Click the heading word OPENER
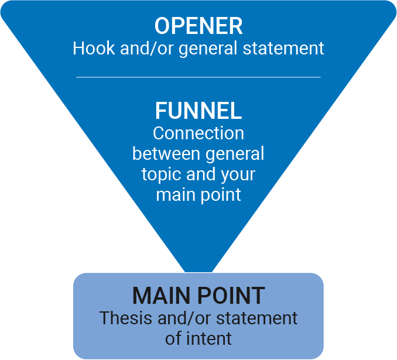(x=198, y=26)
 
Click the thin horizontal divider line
(x=198, y=77)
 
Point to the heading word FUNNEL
(x=198, y=111)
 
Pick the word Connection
(x=198, y=133)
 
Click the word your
(x=237, y=174)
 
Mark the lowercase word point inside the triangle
(x=220, y=194)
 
